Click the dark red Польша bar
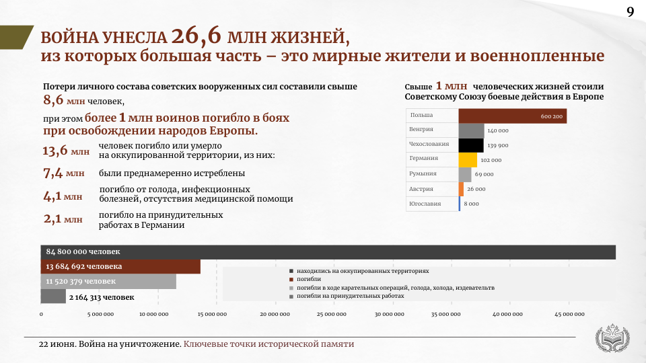click(x=513, y=116)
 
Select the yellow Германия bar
click(x=468, y=160)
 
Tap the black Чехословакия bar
click(x=471, y=145)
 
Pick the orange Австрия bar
click(x=461, y=189)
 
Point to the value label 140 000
click(x=498, y=131)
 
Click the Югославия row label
click(x=425, y=204)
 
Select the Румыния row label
click(x=423, y=173)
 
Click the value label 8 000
click(x=471, y=204)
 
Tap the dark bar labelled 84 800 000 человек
click(x=328, y=252)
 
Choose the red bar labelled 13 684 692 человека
click(x=120, y=267)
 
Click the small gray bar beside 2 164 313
click(x=53, y=296)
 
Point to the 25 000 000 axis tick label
click(x=331, y=315)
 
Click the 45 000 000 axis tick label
click(x=569, y=315)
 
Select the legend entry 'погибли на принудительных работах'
click(x=347, y=296)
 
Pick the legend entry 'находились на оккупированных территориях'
click(x=359, y=271)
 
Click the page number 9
click(x=631, y=12)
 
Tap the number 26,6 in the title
click(x=196, y=36)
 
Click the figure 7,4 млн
click(x=64, y=173)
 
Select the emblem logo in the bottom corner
click(x=612, y=339)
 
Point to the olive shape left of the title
click(x=15, y=37)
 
